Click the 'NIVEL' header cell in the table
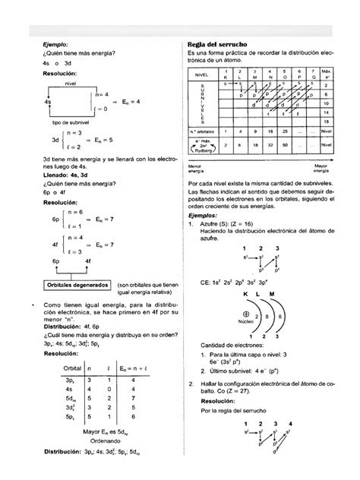coord(201,77)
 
